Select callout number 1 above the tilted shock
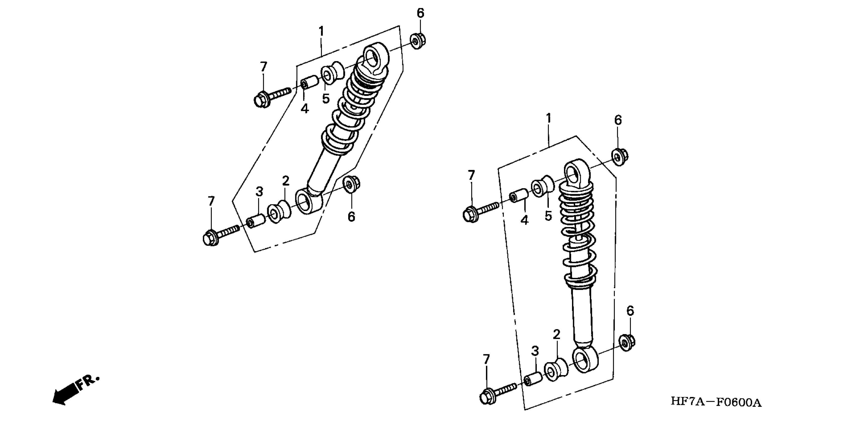[321, 31]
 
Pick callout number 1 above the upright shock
[549, 118]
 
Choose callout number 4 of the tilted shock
[304, 109]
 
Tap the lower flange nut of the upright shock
[627, 343]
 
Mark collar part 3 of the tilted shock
[255, 221]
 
